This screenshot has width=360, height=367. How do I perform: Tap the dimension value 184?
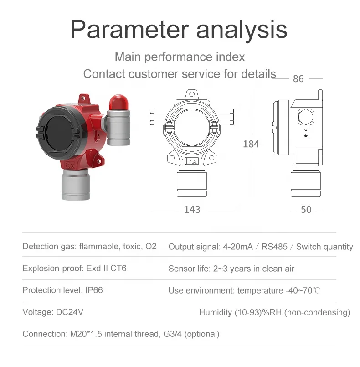click(x=251, y=144)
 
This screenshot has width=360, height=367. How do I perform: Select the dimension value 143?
click(x=192, y=210)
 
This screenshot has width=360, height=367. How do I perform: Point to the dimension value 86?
click(x=298, y=79)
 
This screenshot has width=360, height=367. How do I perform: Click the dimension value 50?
click(x=306, y=210)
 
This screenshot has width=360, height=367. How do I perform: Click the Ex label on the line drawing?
click(x=192, y=161)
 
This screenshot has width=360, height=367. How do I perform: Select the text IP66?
click(x=94, y=290)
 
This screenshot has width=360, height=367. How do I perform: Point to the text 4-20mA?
click(x=238, y=247)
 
